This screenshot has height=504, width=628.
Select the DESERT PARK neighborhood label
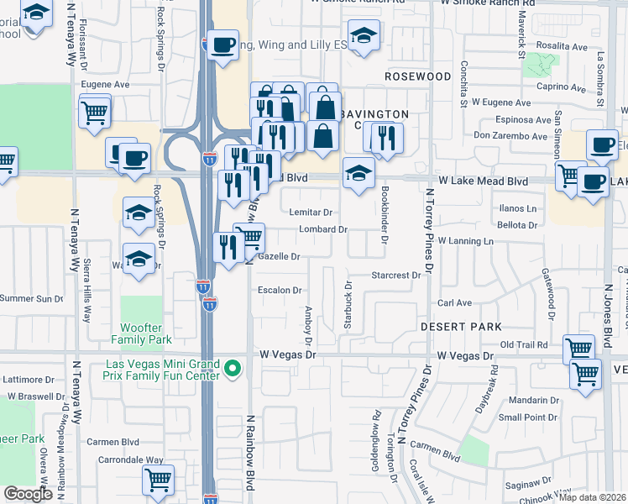point(461,326)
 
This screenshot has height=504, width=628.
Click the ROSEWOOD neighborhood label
point(418,76)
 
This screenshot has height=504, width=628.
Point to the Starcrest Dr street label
point(396,276)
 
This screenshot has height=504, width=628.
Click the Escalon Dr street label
point(280,290)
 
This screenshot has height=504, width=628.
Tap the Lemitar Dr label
point(311,213)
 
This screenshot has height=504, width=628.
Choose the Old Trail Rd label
point(524,344)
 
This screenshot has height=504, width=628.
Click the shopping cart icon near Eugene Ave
point(95,110)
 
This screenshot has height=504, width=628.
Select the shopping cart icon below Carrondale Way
point(158,480)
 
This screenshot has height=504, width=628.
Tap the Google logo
point(28,494)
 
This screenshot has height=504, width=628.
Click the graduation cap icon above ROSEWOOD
point(364,35)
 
